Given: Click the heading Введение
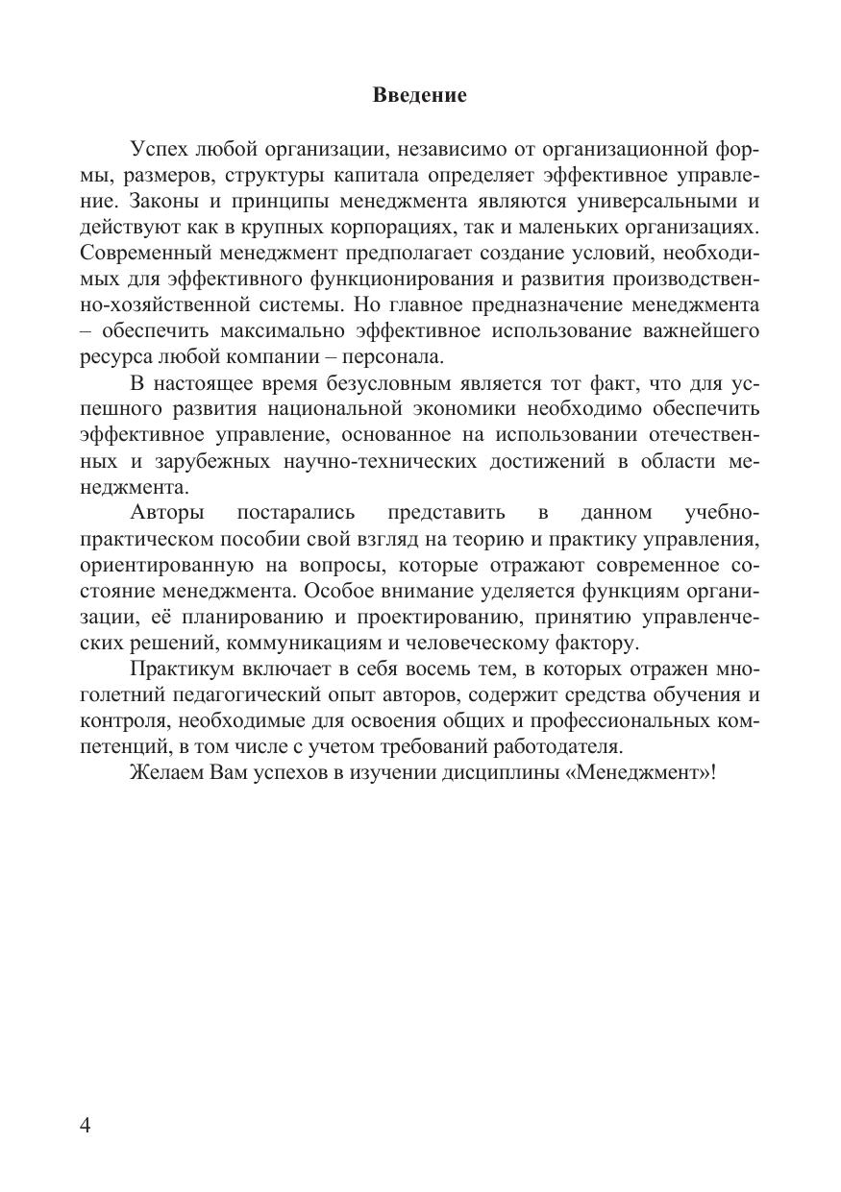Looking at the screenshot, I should (x=419, y=95).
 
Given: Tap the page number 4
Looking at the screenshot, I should (x=87, y=1126).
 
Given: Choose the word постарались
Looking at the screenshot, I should (x=296, y=513).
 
